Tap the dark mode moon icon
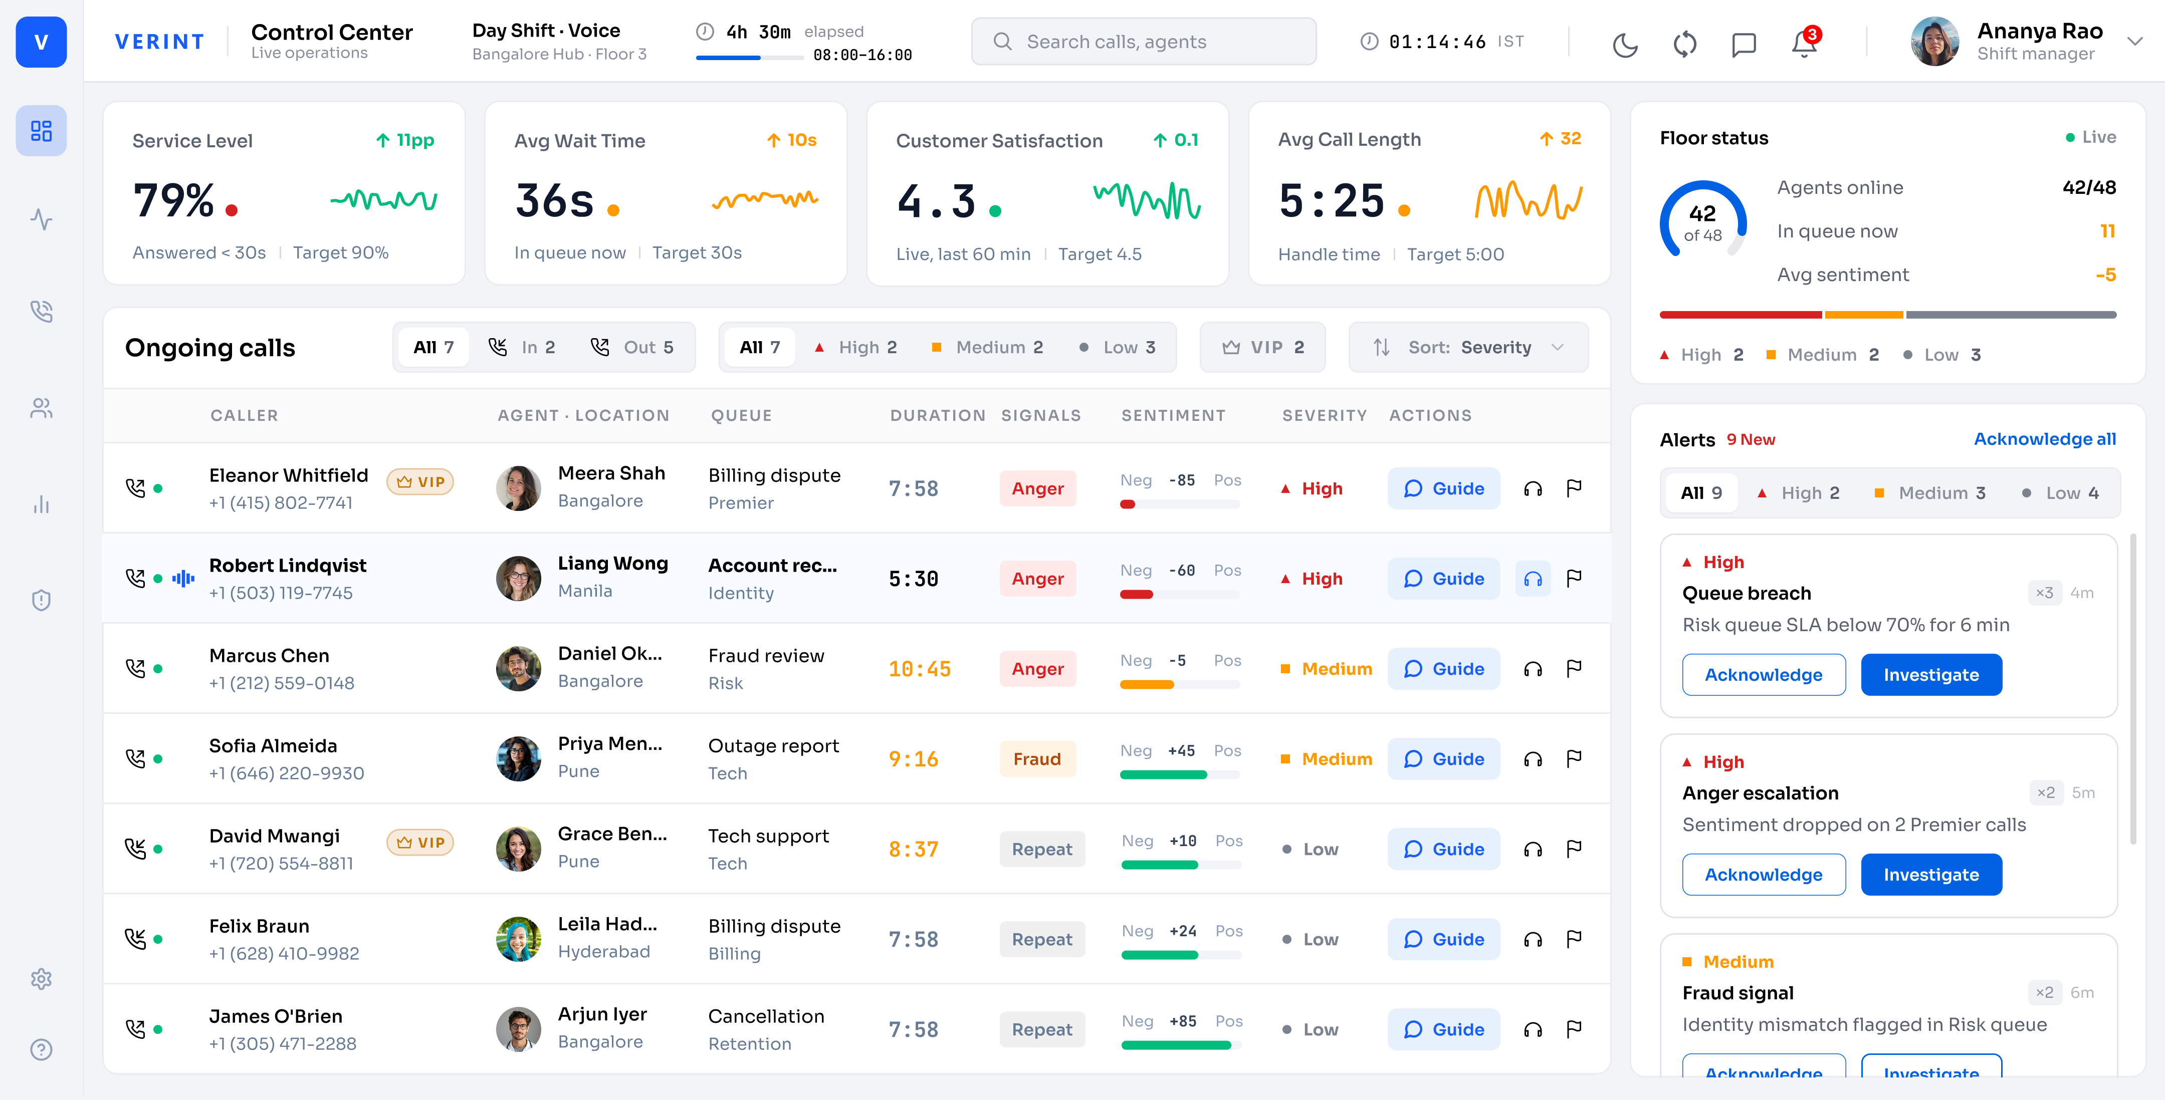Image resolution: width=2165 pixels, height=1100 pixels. (x=1625, y=44)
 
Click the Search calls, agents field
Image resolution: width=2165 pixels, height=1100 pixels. (x=1143, y=41)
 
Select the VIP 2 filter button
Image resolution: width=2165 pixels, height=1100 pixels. (x=1262, y=347)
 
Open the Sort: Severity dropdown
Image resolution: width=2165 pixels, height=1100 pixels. (x=1467, y=347)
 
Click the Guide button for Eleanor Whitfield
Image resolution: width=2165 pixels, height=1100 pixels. (x=1443, y=488)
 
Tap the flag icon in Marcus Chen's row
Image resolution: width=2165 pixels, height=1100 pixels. (x=1574, y=668)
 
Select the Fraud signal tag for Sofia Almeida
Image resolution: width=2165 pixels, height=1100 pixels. (x=1037, y=759)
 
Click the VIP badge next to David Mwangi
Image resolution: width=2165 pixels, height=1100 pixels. (x=420, y=842)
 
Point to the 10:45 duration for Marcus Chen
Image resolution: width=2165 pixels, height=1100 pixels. (x=920, y=669)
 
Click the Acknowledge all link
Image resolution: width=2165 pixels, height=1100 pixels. (x=2044, y=439)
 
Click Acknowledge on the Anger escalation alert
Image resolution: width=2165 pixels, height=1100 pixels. (x=1763, y=874)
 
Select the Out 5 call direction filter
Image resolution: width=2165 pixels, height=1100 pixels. (x=632, y=347)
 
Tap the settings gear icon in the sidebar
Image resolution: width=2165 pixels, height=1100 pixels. (x=41, y=979)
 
